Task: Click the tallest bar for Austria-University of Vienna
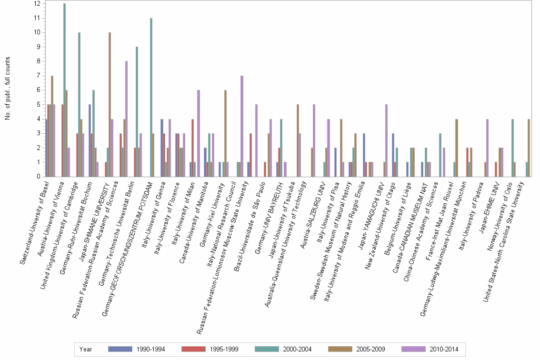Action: pyautogui.click(x=64, y=90)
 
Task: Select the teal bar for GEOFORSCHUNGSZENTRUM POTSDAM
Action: pyautogui.click(x=151, y=98)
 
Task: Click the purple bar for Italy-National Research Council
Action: pyautogui.click(x=242, y=126)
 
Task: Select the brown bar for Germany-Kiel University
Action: pyautogui.click(x=225, y=133)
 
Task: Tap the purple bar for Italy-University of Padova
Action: pyautogui.click(x=487, y=148)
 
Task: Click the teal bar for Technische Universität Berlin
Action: pyautogui.click(x=137, y=112)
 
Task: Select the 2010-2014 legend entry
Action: pyautogui.click(x=431, y=350)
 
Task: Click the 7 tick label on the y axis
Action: pyautogui.click(x=38, y=76)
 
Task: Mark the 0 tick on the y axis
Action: pyautogui.click(x=38, y=177)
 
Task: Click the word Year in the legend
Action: pyautogui.click(x=86, y=350)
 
